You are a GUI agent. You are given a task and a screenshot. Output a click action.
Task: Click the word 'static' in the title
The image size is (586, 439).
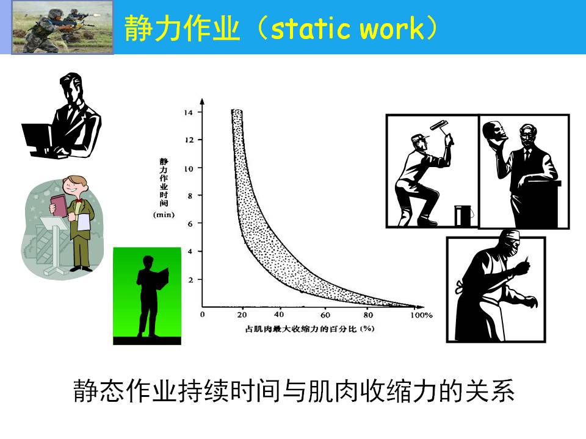(310, 29)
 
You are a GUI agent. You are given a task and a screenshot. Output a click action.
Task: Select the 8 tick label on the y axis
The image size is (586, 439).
(190, 196)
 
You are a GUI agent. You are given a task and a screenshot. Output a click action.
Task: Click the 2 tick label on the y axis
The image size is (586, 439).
(190, 280)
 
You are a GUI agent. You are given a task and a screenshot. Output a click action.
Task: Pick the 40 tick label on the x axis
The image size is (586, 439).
(279, 315)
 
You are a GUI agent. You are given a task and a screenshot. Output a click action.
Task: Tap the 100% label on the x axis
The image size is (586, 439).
(421, 315)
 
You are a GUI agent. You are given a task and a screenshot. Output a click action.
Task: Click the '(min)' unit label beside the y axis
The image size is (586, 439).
(164, 215)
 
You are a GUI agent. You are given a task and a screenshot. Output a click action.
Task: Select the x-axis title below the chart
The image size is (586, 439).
(310, 329)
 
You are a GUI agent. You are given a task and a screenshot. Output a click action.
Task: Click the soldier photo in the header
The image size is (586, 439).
(62, 27)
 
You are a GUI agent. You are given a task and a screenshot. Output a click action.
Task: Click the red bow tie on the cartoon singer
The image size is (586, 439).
(79, 201)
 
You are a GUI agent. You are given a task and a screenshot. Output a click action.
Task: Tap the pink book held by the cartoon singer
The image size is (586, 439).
(59, 205)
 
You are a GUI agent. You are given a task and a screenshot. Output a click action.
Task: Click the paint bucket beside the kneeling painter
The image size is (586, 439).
(463, 215)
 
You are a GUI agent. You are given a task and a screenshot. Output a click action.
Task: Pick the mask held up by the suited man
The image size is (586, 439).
(494, 132)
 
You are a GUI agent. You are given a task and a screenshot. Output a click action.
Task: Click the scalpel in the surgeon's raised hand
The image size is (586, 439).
(527, 259)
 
